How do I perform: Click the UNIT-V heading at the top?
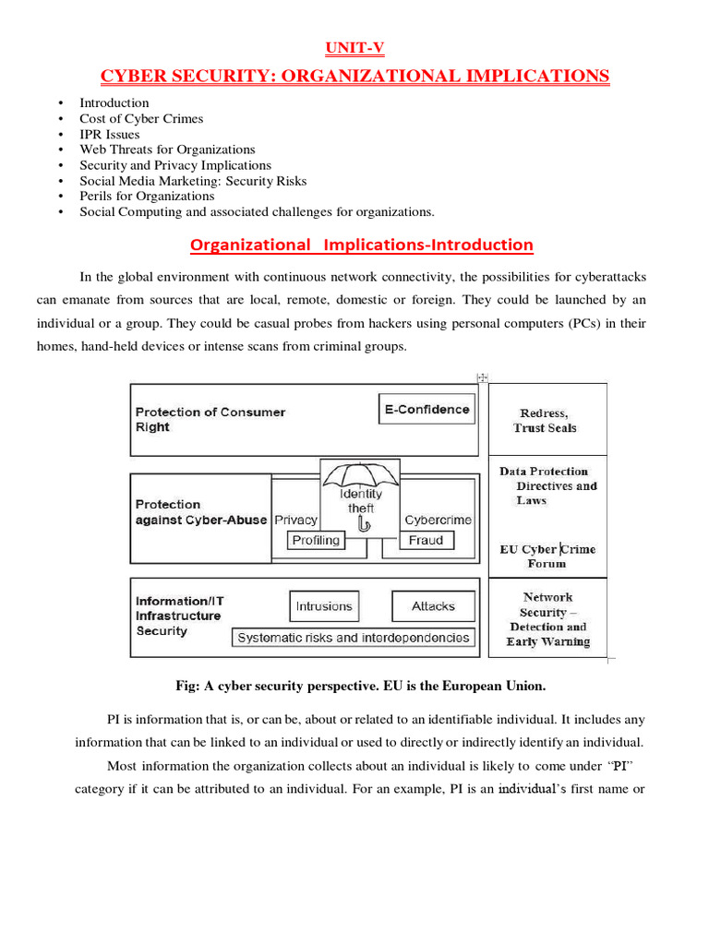354,48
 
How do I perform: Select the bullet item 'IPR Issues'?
109,134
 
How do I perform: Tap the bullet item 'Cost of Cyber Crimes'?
141,118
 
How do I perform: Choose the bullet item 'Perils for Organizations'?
147,196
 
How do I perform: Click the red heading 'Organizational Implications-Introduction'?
361,245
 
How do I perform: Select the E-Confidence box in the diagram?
427,410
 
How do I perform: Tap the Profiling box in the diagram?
316,541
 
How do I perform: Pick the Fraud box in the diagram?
426,541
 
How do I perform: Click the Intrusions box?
323,606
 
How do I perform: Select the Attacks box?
433,606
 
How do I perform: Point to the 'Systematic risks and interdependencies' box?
353,637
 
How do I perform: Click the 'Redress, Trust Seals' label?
546,421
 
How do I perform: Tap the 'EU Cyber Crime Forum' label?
547,556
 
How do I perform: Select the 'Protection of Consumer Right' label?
210,419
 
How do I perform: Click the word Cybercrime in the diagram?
438,520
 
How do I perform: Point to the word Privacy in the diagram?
295,520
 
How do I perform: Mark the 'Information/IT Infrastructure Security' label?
179,616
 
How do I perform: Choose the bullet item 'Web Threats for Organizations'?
167,150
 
